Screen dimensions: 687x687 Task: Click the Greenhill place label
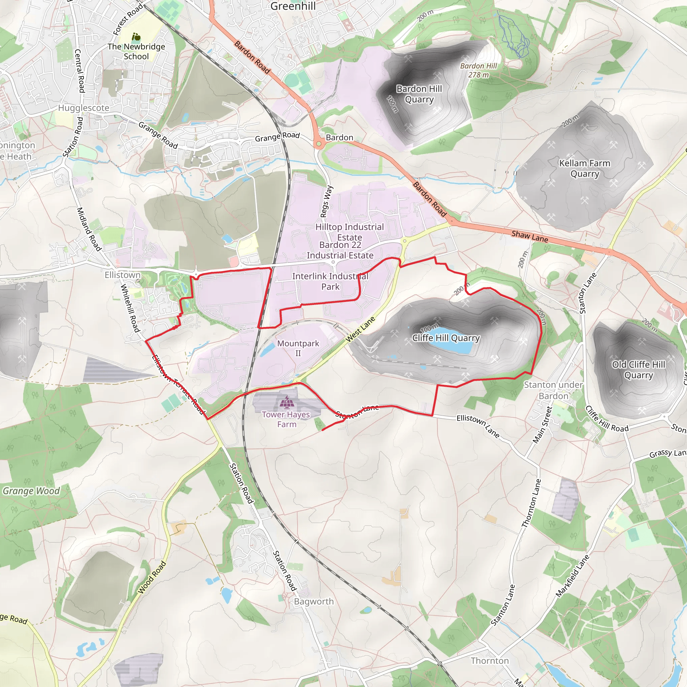(293, 6)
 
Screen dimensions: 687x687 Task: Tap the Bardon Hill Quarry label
(419, 94)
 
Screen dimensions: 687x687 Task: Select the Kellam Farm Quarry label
(585, 168)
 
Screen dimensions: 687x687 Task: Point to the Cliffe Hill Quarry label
(446, 338)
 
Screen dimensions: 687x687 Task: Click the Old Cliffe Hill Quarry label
(639, 370)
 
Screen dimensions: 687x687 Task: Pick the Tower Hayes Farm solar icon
(286, 402)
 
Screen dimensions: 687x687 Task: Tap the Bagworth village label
(314, 601)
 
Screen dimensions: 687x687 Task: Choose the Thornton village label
(490, 661)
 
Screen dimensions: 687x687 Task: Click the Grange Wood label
(31, 491)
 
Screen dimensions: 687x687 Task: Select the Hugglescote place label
(84, 108)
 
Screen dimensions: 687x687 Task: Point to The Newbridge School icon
(136, 37)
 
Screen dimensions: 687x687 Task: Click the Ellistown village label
(123, 275)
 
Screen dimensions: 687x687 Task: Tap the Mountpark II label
(298, 348)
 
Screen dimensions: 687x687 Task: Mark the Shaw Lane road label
(530, 236)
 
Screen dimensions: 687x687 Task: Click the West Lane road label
(360, 329)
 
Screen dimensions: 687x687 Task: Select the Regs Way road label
(326, 201)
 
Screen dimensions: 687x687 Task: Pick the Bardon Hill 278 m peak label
(479, 70)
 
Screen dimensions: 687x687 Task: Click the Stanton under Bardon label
(553, 390)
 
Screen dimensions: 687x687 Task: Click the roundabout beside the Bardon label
(319, 144)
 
